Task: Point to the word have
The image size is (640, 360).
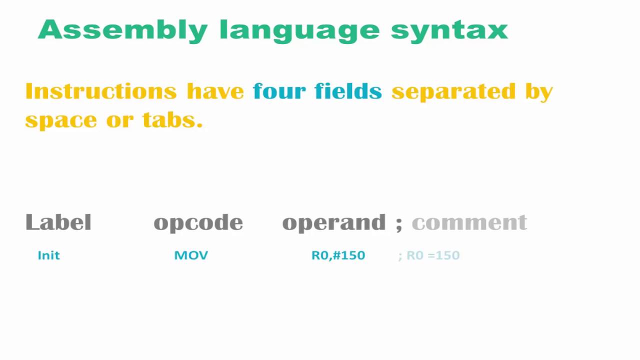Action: tap(215, 91)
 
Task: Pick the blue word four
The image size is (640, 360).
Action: tap(279, 91)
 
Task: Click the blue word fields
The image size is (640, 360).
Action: tap(348, 91)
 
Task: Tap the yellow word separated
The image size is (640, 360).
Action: tap(453, 92)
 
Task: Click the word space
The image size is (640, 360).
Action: tap(60, 120)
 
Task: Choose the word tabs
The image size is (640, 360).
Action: tap(172, 120)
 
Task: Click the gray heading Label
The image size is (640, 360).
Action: tap(58, 222)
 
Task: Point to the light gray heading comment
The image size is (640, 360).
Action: tap(469, 222)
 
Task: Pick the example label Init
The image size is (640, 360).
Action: tap(48, 255)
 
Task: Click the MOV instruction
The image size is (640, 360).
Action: tap(191, 255)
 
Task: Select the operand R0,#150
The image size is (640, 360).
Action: tap(338, 255)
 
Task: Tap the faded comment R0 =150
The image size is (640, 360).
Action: tap(432, 255)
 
